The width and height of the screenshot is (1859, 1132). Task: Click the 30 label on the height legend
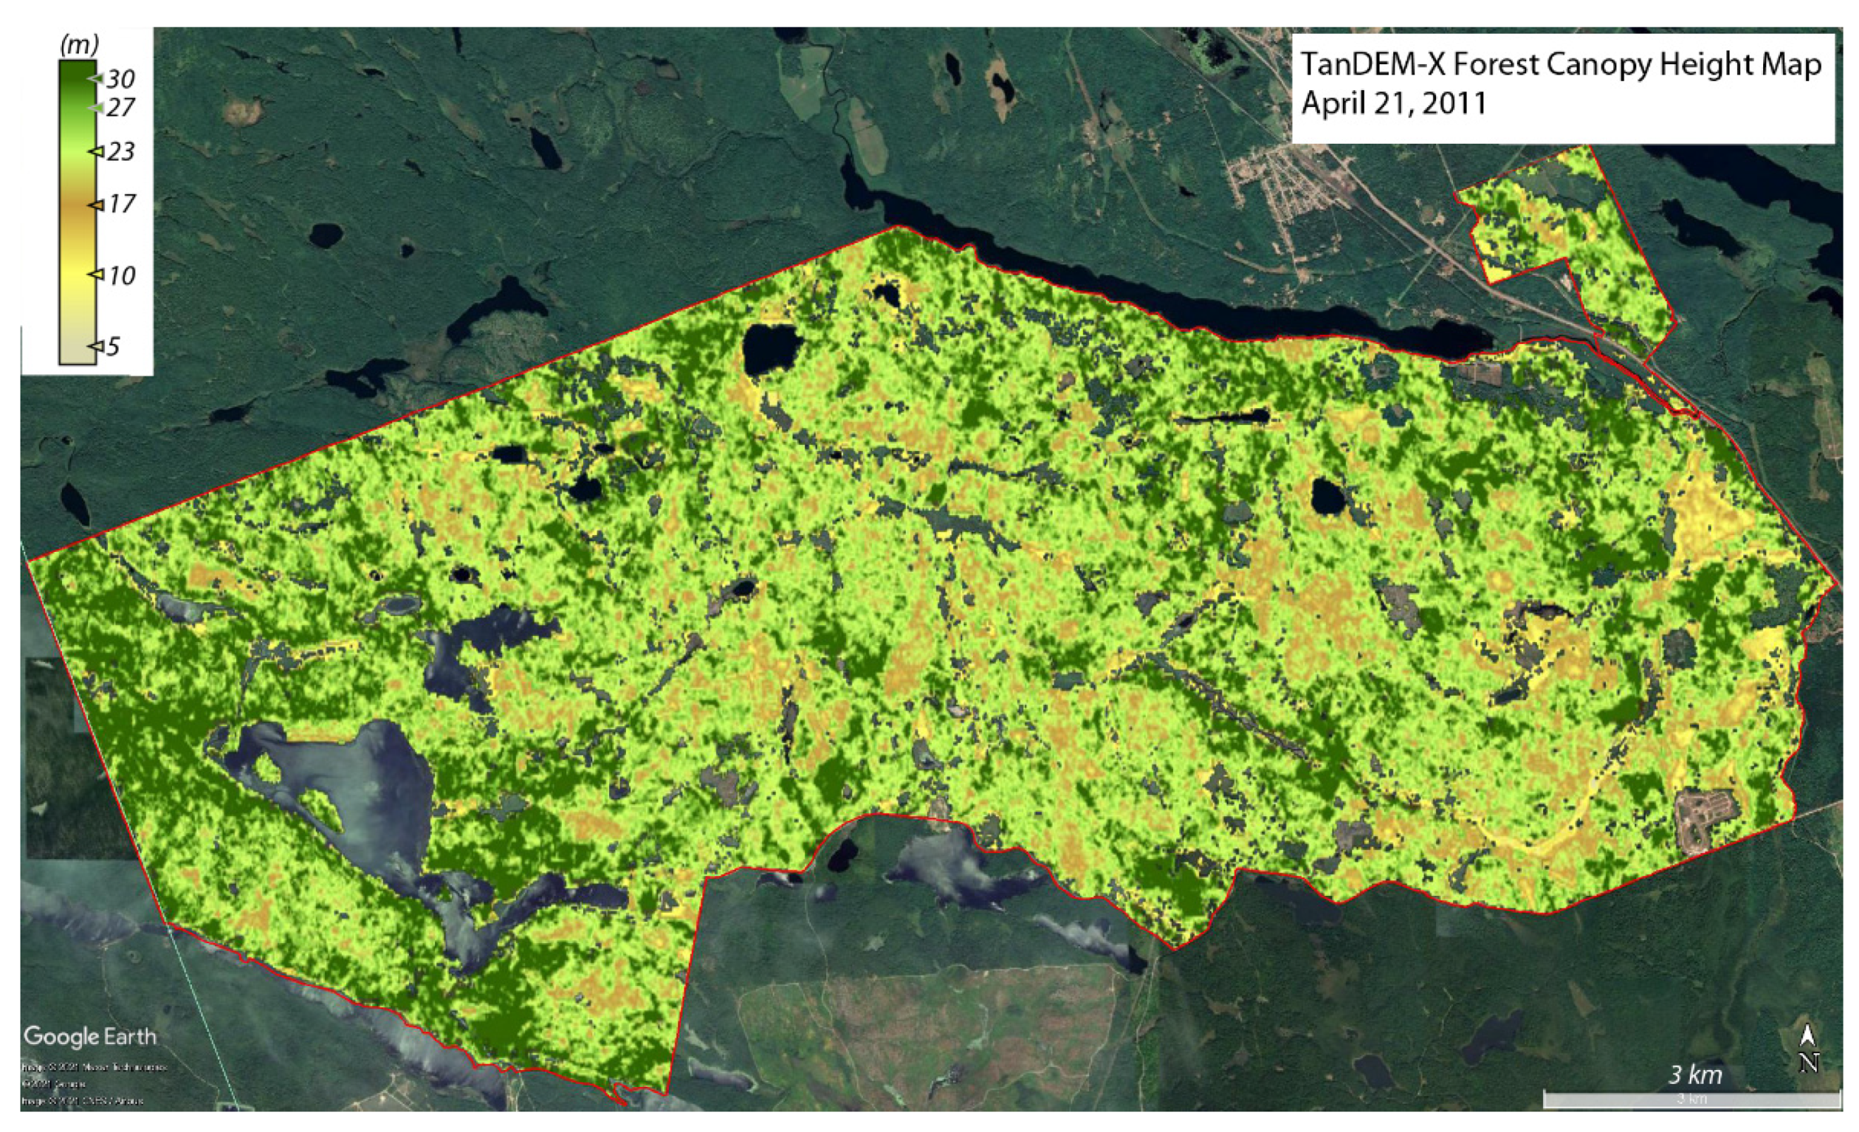tap(120, 79)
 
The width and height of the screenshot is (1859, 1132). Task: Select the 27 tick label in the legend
tap(120, 108)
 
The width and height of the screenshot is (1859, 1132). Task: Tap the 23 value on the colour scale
tap(120, 152)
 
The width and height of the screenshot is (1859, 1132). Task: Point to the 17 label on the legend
tap(120, 204)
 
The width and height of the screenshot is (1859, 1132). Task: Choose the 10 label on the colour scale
tap(120, 276)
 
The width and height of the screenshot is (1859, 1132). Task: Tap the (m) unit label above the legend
tap(78, 45)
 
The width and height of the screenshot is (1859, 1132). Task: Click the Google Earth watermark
tap(90, 1036)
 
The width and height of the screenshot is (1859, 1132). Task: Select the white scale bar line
tap(1690, 1099)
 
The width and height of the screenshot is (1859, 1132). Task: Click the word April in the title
tap(1332, 104)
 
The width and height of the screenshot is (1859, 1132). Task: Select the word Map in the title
tap(1792, 66)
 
